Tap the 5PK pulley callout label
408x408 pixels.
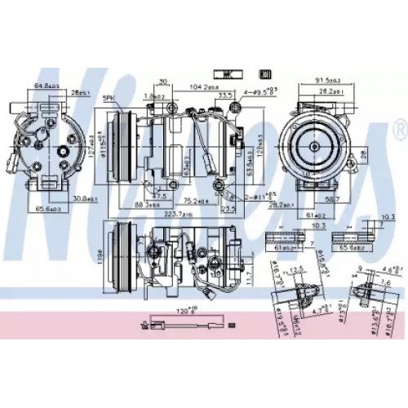(108, 100)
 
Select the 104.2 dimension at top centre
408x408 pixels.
(202, 85)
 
